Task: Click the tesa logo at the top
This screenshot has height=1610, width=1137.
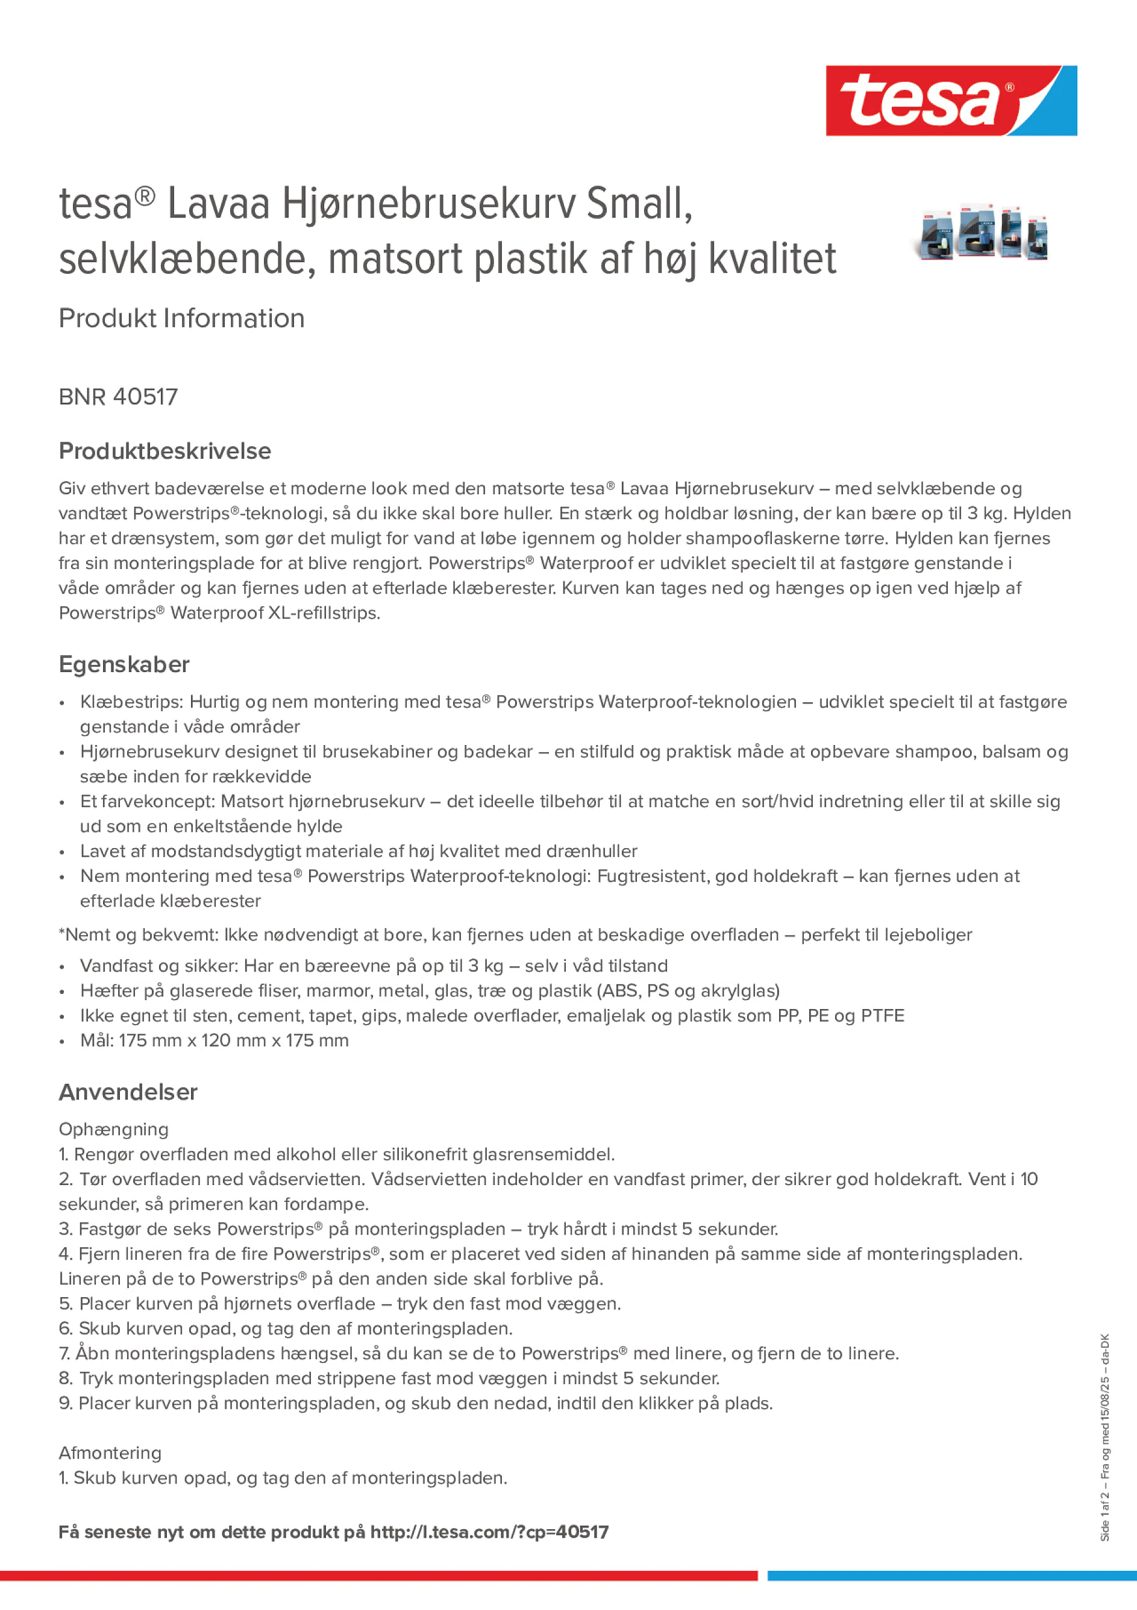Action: pos(951,100)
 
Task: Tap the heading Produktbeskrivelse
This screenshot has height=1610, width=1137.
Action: pos(164,451)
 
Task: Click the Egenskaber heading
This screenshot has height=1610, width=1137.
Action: pos(124,664)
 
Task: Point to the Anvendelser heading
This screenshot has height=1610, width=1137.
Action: pos(128,1092)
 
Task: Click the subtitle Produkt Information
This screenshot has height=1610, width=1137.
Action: pos(181,318)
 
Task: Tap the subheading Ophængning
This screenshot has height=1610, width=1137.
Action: pos(113,1129)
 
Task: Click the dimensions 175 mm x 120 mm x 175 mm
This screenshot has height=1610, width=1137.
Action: pos(233,1040)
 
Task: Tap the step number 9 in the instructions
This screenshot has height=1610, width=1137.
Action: pos(64,1403)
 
